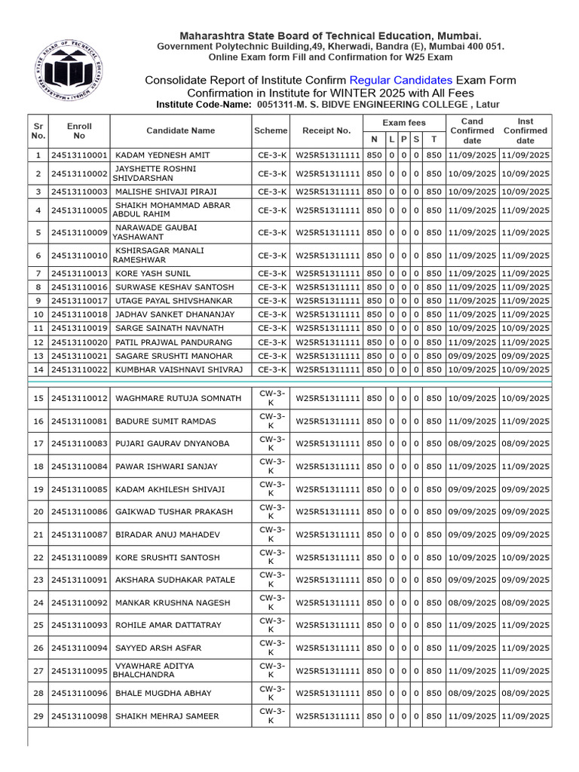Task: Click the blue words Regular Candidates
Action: (x=400, y=80)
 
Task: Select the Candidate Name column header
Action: (x=180, y=130)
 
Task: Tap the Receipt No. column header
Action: (x=326, y=130)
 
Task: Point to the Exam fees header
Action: (x=404, y=122)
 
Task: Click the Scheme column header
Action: (x=271, y=130)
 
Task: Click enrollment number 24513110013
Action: (x=79, y=273)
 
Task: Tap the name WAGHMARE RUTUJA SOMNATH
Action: (x=178, y=398)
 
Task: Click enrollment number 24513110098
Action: (x=79, y=716)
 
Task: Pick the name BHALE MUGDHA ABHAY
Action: (x=163, y=693)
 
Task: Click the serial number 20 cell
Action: (x=38, y=511)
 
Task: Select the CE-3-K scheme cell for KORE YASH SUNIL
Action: (x=271, y=273)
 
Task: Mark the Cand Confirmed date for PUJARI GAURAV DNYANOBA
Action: (x=472, y=443)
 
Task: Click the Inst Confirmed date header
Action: (x=525, y=130)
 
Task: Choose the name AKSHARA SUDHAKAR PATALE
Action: (x=175, y=580)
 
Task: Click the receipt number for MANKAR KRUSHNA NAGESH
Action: (x=327, y=602)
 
